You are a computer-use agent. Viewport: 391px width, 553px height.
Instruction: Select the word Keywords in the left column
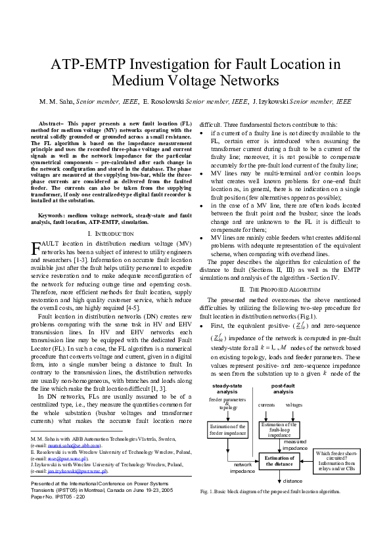(52, 215)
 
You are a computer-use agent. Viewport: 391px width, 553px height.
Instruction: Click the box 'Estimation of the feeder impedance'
(226, 430)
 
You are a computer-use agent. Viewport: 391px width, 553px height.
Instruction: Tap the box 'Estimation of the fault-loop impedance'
(280, 430)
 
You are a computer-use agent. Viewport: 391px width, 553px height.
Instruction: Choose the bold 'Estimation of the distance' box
(281, 460)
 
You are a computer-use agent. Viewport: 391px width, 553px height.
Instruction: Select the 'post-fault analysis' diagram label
(283, 388)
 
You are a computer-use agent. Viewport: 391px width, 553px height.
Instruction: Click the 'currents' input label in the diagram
(266, 405)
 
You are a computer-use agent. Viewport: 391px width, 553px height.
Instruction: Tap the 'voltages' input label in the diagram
(294, 405)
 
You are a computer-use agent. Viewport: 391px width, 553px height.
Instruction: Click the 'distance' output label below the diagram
(292, 480)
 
